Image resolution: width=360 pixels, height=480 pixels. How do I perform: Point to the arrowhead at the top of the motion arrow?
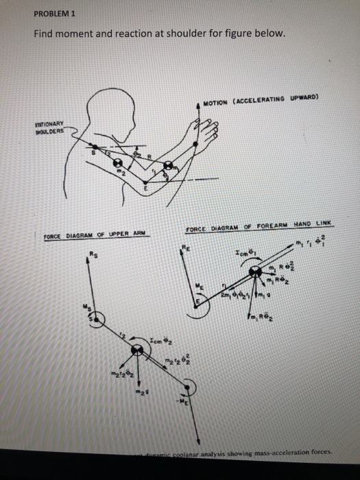click(200, 104)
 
